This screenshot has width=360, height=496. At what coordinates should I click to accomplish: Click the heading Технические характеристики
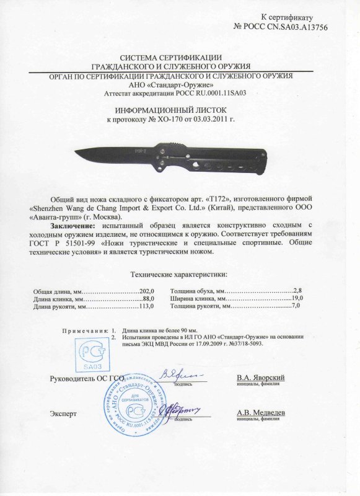179,275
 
